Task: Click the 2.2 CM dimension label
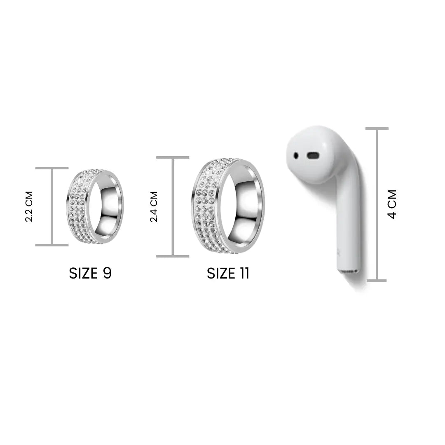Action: pos(29,206)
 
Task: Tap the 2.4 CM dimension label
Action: pos(154,206)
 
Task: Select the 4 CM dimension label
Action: pos(392,204)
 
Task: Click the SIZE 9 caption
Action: pos(90,273)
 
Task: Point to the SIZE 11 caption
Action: pos(228,273)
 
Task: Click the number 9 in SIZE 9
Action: pos(107,273)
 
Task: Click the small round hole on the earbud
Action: pos(296,155)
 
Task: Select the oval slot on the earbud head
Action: pos(312,155)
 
